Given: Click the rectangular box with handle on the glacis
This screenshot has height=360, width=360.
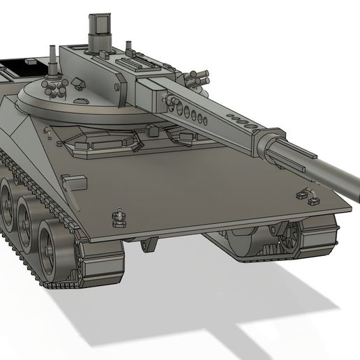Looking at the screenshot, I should point(75,184).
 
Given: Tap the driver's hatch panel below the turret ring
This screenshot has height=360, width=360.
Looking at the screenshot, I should point(105,143).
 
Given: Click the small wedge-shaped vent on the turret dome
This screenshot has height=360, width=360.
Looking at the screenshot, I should point(77,84).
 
